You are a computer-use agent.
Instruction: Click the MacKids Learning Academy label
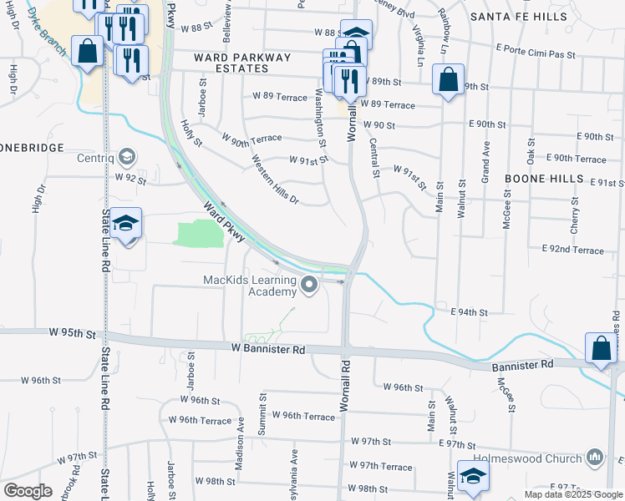251,286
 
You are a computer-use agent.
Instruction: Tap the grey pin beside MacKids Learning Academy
310,286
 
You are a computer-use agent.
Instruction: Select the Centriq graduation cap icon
126,156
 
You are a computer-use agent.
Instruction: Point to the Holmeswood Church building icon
595,458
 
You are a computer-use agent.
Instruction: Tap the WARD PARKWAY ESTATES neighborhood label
242,63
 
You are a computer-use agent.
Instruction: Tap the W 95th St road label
72,333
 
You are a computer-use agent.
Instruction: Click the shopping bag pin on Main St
449,81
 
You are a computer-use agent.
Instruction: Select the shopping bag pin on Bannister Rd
602,349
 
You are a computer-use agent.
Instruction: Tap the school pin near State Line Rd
126,224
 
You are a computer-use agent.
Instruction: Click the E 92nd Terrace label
572,250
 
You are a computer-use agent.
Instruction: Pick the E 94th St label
469,312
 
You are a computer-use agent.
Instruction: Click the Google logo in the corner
28,491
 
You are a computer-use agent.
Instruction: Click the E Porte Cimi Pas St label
536,54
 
